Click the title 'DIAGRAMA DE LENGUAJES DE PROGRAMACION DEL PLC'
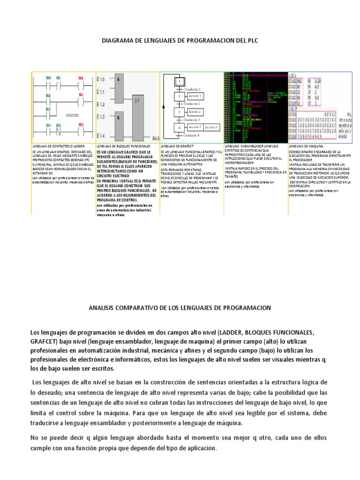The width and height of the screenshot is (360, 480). [180, 41]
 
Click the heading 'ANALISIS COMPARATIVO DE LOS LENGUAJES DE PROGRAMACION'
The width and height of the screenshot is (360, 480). [180, 307]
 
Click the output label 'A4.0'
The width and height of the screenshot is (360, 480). [156, 138]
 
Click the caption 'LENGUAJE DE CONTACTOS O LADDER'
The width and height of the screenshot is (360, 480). [55, 146]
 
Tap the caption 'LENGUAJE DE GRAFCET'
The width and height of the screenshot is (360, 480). [174, 146]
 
